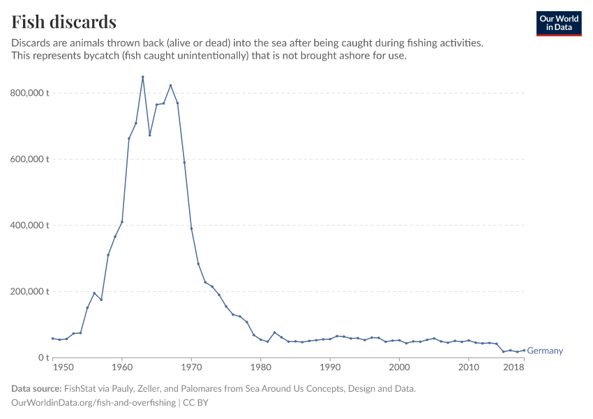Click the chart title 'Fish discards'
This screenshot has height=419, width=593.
[63, 22]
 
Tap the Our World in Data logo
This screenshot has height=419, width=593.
[558, 23]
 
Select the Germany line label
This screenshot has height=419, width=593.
[545, 351]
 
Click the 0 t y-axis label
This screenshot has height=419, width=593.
[42, 358]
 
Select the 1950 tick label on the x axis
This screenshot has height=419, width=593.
[63, 367]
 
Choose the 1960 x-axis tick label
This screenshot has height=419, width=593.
[122, 367]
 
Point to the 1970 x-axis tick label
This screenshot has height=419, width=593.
[191, 367]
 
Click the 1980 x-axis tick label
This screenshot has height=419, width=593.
[260, 367]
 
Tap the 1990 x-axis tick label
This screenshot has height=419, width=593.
[330, 367]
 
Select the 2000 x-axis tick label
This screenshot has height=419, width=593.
[399, 367]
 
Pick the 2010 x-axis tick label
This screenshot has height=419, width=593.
[468, 367]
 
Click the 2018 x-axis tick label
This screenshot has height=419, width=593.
[514, 367]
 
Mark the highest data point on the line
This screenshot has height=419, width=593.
[143, 77]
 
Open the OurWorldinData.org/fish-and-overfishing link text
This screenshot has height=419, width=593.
[93, 403]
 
